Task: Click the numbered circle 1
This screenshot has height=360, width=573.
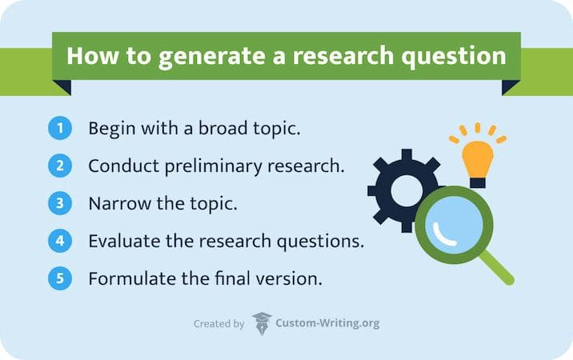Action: tap(60, 128)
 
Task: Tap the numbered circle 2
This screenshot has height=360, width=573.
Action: tap(60, 166)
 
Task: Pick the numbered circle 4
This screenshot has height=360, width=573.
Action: tap(60, 241)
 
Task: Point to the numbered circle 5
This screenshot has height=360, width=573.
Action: tap(60, 279)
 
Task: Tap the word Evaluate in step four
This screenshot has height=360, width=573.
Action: tap(122, 241)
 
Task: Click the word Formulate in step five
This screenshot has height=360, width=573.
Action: tap(127, 279)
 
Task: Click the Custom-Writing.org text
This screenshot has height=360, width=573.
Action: tap(327, 324)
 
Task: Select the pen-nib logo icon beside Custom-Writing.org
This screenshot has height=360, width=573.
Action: tap(261, 324)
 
